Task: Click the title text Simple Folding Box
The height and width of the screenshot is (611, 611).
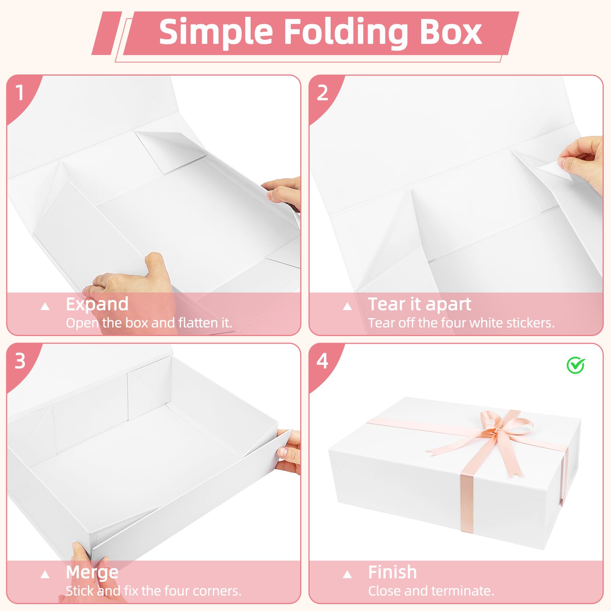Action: click(320, 32)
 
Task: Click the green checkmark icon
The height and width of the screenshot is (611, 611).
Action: click(575, 365)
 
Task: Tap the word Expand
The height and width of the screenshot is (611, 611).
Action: click(97, 305)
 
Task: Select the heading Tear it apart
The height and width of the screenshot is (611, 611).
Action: click(419, 304)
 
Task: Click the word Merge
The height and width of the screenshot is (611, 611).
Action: click(92, 573)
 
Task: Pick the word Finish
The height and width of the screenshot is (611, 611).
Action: click(392, 572)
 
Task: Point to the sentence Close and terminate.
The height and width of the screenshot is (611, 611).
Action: click(431, 591)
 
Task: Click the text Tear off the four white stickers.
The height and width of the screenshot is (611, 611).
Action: click(461, 323)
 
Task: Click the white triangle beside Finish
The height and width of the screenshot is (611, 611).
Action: click(347, 574)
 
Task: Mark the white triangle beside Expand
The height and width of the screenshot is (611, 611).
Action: click(45, 306)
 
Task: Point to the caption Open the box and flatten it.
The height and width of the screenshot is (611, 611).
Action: click(149, 323)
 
